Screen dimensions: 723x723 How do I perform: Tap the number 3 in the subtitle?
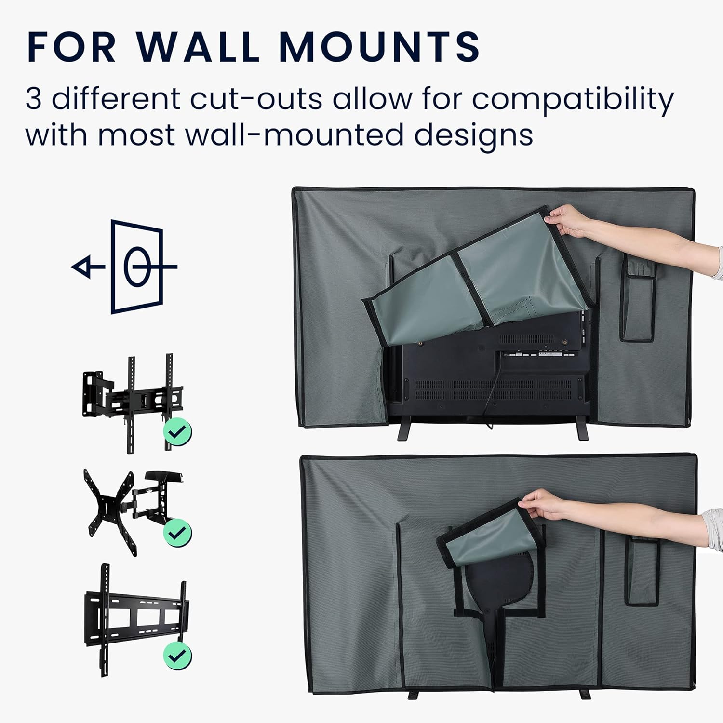point(34,99)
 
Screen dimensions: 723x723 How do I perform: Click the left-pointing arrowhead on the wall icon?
point(82,267)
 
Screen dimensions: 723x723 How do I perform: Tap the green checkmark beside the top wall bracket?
point(177,431)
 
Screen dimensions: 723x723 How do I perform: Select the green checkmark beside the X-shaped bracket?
point(177,532)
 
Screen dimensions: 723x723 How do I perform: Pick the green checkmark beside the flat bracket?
point(177,656)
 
